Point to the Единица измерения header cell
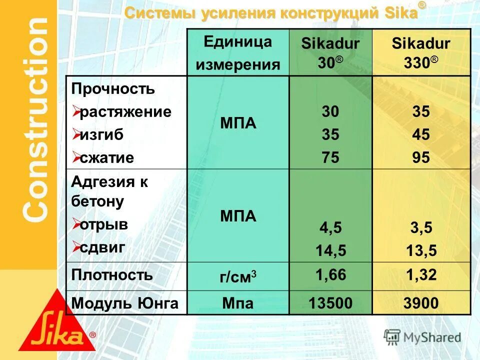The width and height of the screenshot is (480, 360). tap(238, 52)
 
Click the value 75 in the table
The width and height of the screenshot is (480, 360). tap(330, 158)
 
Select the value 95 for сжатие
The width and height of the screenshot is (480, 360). tap(421, 158)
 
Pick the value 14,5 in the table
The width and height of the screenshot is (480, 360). tap(330, 250)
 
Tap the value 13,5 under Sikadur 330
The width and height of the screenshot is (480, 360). tap(421, 250)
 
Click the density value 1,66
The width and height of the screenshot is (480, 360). tap(330, 274)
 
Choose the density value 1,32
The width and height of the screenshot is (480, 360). tap(421, 274)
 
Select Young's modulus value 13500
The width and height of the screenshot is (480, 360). tap(330, 303)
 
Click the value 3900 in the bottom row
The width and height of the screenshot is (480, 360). tap(421, 303)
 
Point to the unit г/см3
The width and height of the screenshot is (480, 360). tap(238, 277)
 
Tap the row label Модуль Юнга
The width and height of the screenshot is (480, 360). tap(125, 303)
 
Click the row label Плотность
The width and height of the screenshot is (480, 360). tap(112, 274)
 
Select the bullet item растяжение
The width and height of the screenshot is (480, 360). tap(125, 111)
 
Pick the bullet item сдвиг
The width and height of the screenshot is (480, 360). tap(102, 246)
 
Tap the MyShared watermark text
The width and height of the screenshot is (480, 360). tap(432, 337)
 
